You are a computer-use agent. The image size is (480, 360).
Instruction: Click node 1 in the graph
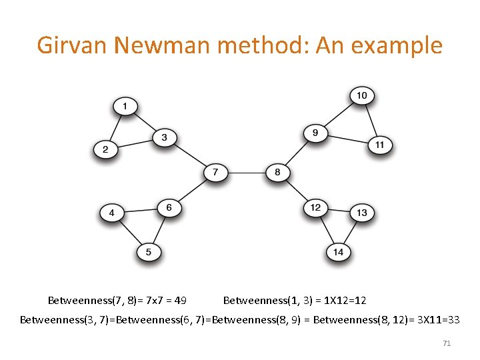[x=125, y=106]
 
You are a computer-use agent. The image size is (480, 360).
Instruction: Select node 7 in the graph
[x=215, y=173]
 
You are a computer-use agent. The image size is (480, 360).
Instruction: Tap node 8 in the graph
[x=277, y=173]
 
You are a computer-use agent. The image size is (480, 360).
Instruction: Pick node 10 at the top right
[x=361, y=96]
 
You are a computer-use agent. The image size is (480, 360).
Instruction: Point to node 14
[x=339, y=252]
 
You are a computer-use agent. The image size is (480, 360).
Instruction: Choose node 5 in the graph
[x=149, y=252]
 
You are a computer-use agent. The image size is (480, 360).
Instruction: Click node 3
[x=165, y=139]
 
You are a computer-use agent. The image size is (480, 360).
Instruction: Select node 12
[x=315, y=207]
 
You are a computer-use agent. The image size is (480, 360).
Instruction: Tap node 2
[x=105, y=149]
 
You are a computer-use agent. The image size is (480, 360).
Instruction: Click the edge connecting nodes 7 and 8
[x=246, y=173]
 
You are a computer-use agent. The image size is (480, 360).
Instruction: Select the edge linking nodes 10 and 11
[x=370, y=120]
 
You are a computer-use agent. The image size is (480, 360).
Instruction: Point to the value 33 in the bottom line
[x=452, y=320]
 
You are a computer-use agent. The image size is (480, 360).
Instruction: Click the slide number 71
[x=447, y=343]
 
